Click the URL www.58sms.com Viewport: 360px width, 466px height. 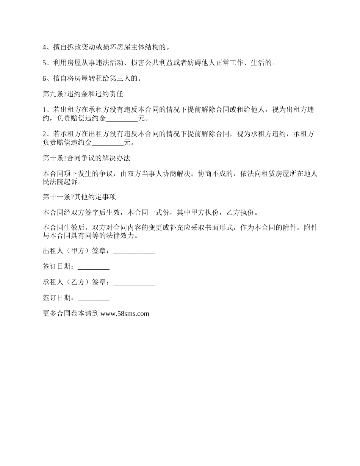pyautogui.click(x=125, y=314)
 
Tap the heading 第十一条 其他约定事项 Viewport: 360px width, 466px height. pyautogui.click(x=80, y=197)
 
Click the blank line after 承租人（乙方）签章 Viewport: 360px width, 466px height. pyautogui.click(x=134, y=283)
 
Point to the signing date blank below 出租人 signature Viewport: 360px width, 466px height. pyautogui.click(x=94, y=267)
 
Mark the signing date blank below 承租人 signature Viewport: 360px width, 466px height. pyautogui.click(x=94, y=298)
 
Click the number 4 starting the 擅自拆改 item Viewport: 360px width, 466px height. pyautogui.click(x=44, y=48)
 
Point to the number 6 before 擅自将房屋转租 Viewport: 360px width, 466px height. pyautogui.click(x=44, y=79)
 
